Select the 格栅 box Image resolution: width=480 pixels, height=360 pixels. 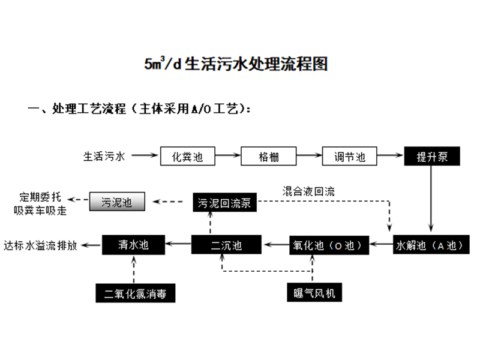point(269,157)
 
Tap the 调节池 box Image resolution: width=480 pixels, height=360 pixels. point(350,157)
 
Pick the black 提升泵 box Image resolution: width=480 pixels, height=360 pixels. point(431,157)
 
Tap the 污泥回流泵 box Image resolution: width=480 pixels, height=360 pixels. point(225,202)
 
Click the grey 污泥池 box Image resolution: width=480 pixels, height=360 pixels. point(117,202)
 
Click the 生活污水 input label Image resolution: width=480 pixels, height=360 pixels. point(104,157)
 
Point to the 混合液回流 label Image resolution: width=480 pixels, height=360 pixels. point(308,191)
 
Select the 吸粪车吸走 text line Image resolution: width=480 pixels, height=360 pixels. point(40,211)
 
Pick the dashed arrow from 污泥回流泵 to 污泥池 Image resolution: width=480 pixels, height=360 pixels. point(170,202)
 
